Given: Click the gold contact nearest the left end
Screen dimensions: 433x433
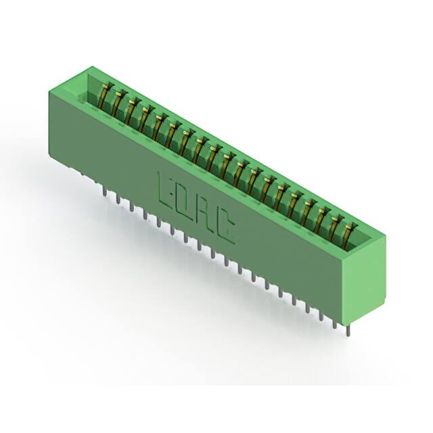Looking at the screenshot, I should click(106, 93).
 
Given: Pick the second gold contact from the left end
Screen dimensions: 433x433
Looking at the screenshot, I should click(118, 100).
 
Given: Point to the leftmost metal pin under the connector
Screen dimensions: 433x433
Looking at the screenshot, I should click(104, 193).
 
